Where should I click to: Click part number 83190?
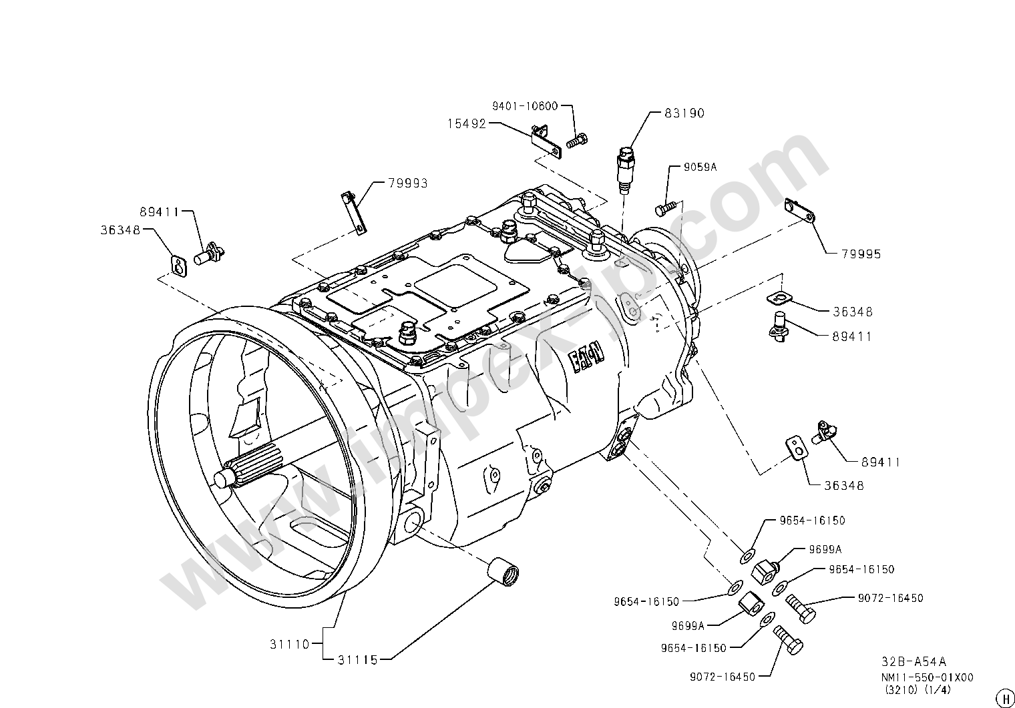pos(684,113)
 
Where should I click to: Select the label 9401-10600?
pos(525,106)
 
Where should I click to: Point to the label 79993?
pos(407,183)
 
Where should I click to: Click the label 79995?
pos(861,254)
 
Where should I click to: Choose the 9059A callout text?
pos(699,167)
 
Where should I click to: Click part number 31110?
pos(290,645)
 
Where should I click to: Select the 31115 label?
pos(357,660)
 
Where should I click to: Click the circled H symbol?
pos(1003,697)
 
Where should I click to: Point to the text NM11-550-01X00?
pos(928,677)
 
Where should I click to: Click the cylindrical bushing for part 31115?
pos(503,572)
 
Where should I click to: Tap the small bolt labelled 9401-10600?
pos(576,141)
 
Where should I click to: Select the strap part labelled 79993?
pos(353,213)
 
